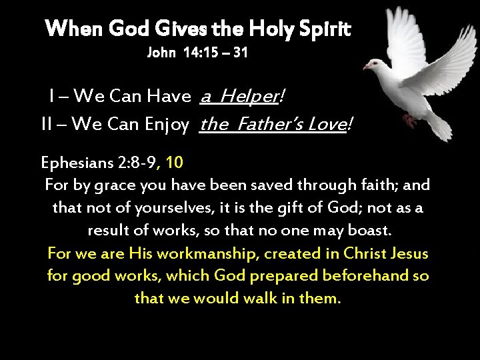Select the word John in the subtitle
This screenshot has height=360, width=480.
(161, 53)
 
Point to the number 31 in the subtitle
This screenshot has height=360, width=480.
(239, 53)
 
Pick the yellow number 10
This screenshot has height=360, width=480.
(175, 162)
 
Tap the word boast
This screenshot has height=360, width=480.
(373, 231)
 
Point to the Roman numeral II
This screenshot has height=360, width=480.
(48, 123)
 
